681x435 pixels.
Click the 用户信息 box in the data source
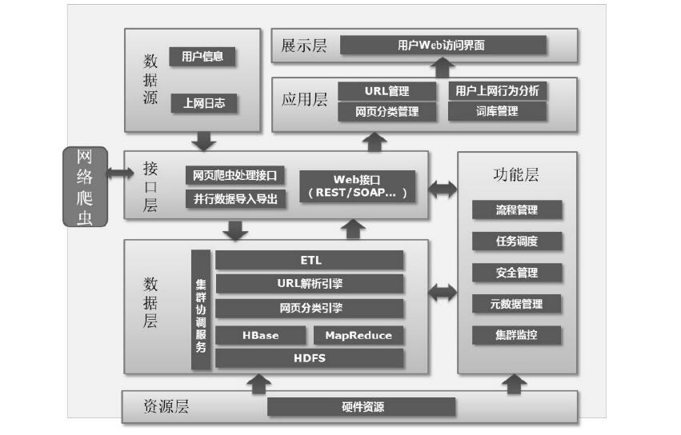[202, 57]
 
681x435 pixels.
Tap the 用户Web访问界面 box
[443, 46]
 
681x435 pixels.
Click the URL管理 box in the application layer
[387, 91]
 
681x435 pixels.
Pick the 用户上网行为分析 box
[497, 91]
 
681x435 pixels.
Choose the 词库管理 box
[497, 112]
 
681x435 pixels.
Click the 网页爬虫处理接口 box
[235, 175]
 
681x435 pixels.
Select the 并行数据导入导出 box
[235, 199]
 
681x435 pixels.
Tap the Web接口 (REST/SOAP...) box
[358, 186]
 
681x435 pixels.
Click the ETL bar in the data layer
[310, 261]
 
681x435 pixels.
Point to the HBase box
[260, 336]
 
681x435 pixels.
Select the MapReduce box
[359, 336]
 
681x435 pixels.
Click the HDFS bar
[310, 358]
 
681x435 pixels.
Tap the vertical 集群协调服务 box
[201, 310]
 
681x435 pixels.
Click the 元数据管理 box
[516, 304]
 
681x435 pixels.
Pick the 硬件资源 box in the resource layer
[362, 407]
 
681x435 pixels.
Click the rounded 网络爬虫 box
[84, 187]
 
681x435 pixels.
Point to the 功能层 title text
[516, 175]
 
